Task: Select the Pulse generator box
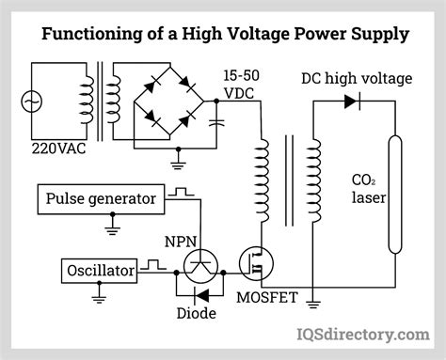point(101,199)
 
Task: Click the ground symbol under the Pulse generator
point(112,227)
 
